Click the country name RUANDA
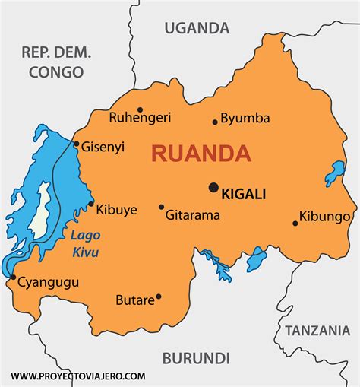[x=201, y=154]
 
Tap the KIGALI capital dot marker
[x=213, y=187]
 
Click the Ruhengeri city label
[x=140, y=118]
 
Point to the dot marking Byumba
[x=215, y=121]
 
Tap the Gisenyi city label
[x=103, y=147]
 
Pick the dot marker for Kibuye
[x=91, y=204]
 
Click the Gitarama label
[x=193, y=215]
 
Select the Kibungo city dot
[x=295, y=223]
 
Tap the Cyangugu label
[x=48, y=282]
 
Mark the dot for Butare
[x=158, y=296]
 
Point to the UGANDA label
[x=197, y=28]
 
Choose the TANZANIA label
[x=317, y=330]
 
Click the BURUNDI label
[x=195, y=357]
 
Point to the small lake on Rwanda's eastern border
[x=334, y=173]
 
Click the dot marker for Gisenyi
[x=76, y=144]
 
